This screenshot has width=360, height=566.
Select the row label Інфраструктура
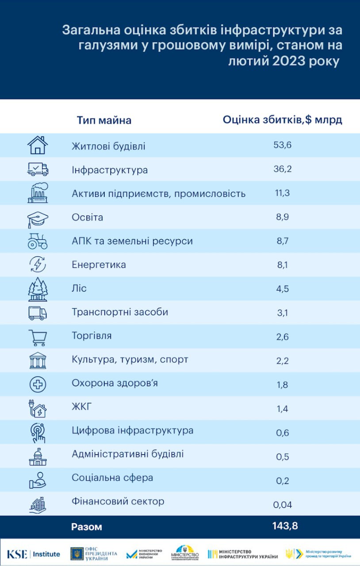click(x=110, y=170)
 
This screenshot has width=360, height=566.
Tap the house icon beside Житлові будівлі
click(x=38, y=145)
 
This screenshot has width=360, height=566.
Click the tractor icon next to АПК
click(x=38, y=241)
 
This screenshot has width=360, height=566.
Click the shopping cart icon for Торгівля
click(x=38, y=337)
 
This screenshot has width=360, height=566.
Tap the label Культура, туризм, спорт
click(x=130, y=359)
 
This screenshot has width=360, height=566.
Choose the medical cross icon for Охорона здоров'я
click(x=38, y=384)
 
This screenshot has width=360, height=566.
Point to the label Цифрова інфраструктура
click(x=133, y=431)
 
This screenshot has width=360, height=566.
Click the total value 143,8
click(x=285, y=526)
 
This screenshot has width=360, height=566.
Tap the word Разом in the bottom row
click(x=87, y=527)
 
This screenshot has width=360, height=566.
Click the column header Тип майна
click(x=104, y=120)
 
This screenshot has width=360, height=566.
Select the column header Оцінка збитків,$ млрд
click(x=282, y=120)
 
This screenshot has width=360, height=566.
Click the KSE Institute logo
click(x=33, y=554)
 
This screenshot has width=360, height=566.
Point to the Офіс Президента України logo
click(x=94, y=554)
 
